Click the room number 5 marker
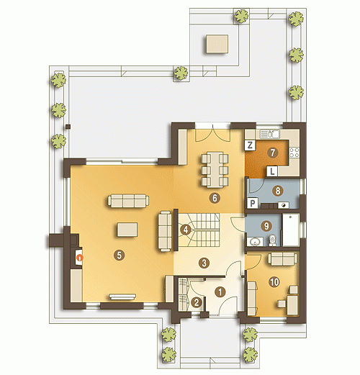120,256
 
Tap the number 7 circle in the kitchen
272,153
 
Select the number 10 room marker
274,281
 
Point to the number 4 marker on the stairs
186,230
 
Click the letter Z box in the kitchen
250,145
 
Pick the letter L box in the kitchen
272,171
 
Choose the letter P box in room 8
252,204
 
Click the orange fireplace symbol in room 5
79,258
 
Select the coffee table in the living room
127,230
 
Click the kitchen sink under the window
270,134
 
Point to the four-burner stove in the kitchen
294,153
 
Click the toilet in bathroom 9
272,240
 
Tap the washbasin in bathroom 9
253,242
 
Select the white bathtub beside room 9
291,230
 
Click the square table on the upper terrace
217,44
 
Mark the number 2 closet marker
197,302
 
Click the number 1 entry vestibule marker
220,292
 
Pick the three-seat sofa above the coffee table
128,201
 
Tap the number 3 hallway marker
204,263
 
